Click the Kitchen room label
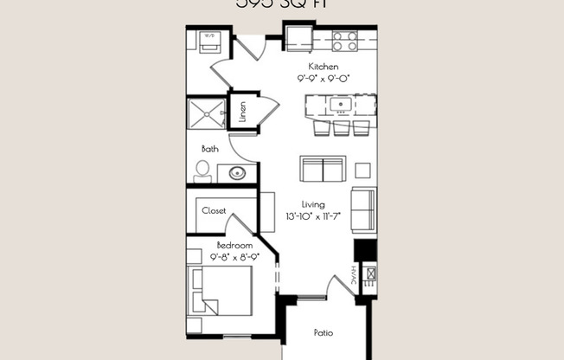pos(324,67)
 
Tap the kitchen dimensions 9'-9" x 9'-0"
pos(324,78)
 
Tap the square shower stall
pos(207,113)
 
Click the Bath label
pos(210,148)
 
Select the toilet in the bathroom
pos(202,171)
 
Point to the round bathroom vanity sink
pos(237,173)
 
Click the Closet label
pos(215,210)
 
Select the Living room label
pos(312,205)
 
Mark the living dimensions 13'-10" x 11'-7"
pos(312,217)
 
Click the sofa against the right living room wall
pos(363,210)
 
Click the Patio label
pos(324,332)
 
